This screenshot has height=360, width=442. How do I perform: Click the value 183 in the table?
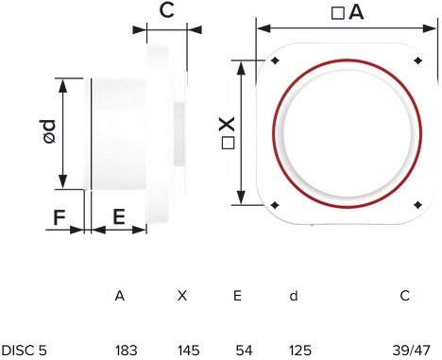126,351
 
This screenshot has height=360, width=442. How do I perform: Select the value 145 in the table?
188,351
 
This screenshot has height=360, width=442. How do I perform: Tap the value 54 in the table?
244,351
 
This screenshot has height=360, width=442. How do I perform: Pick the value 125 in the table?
300,351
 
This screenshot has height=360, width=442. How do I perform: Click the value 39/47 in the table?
411,351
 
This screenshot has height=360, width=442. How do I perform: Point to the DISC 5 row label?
25,351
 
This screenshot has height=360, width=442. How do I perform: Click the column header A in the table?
120,296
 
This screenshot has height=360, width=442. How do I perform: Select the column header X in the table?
182,296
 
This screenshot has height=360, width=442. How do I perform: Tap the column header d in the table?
294,296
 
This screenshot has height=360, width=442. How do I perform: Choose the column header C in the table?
405,296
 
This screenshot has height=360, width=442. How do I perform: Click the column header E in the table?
237,296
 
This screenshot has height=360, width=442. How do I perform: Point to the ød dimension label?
49,131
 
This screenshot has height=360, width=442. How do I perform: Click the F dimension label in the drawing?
59,217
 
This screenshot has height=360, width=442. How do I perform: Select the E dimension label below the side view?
119,216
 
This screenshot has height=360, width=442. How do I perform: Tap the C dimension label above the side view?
166,10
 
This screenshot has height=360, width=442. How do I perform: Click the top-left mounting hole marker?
275,60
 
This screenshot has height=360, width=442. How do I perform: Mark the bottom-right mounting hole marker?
417,205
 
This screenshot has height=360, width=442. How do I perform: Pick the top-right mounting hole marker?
417,60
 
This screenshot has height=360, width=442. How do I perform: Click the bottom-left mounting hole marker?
275,205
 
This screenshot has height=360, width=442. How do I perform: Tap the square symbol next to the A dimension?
338,13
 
